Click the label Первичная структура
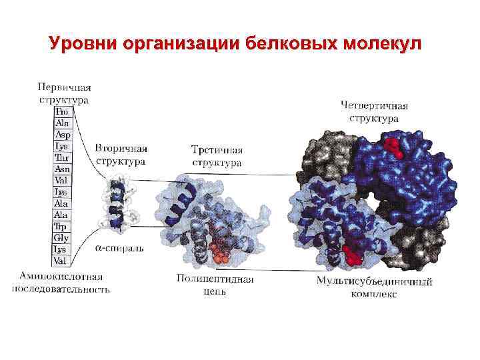coord(64,93)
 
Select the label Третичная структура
coord(217,155)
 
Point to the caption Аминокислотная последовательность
coord(61,283)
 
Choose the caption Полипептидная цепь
coord(215,285)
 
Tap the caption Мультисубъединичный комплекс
coord(375,287)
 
